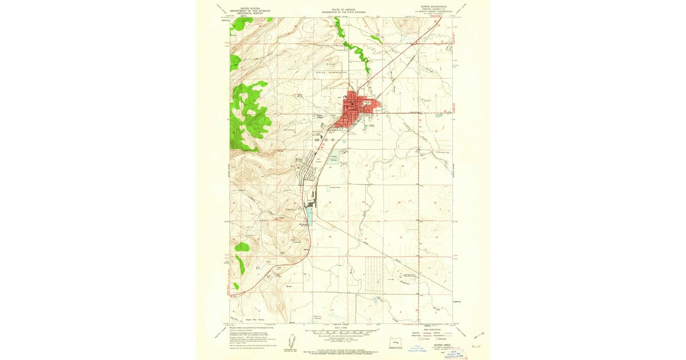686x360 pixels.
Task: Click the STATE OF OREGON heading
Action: coord(342,9)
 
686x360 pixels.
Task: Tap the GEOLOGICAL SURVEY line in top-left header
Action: coord(249,13)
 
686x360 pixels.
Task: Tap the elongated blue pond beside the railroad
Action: coord(309,215)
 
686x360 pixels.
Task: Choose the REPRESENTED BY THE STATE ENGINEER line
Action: coord(342,13)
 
